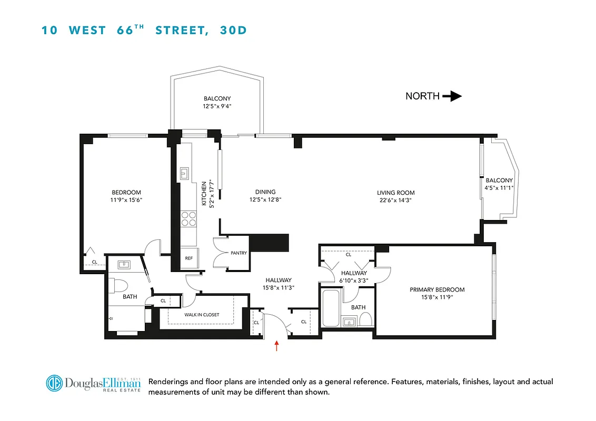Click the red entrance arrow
(277, 345)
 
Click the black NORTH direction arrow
(451, 96)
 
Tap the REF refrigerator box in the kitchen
(188, 258)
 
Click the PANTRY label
(239, 253)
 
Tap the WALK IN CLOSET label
(201, 315)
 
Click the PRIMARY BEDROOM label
(437, 289)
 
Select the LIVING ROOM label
(395, 193)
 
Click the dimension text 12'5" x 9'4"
(217, 106)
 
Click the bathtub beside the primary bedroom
(331, 308)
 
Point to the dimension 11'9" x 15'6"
(126, 200)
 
